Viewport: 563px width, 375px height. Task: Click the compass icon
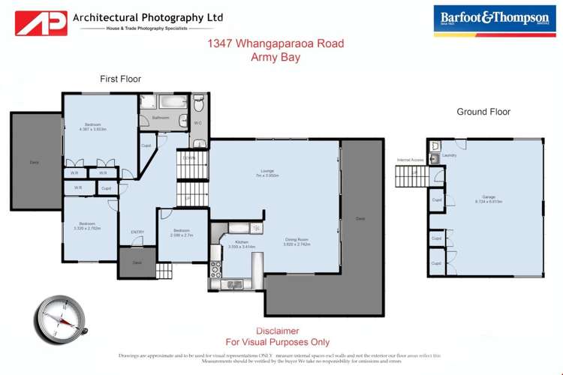click(60, 318)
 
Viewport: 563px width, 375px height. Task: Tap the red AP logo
click(41, 22)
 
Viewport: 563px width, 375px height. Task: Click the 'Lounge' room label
click(266, 170)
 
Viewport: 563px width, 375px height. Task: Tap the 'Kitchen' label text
click(242, 241)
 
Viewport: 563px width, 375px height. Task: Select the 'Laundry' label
click(450, 155)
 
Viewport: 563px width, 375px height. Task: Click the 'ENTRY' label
click(137, 232)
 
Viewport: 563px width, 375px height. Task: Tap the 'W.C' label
click(197, 122)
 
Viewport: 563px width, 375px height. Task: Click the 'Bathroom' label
click(161, 118)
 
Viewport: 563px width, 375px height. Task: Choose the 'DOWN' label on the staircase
click(188, 158)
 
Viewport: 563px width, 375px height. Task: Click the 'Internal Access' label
click(411, 160)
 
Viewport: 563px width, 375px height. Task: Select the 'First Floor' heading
click(120, 79)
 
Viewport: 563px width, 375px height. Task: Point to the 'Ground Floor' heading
click(483, 112)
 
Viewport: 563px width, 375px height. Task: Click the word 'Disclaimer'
click(278, 331)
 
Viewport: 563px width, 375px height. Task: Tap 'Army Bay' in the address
click(275, 57)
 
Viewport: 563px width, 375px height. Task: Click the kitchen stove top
click(256, 227)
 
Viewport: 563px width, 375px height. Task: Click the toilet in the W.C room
click(199, 104)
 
